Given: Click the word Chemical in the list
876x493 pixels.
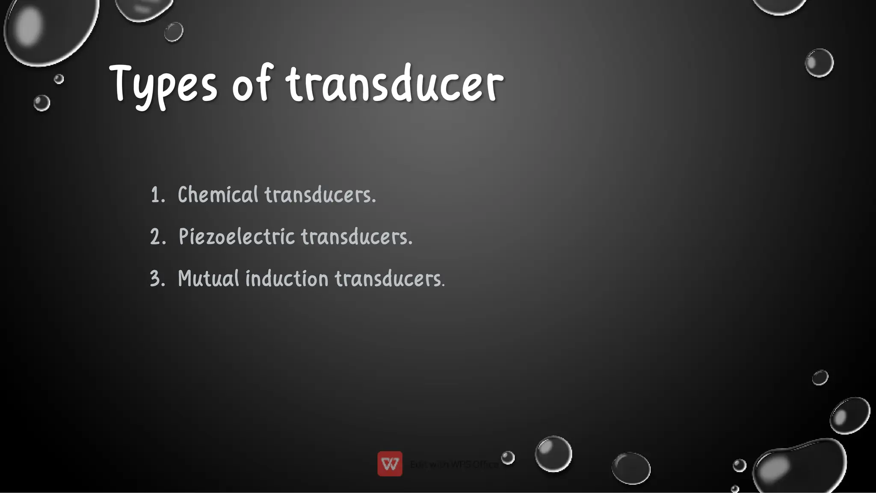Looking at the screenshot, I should (x=218, y=195).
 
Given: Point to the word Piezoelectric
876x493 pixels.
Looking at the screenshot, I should (x=237, y=236).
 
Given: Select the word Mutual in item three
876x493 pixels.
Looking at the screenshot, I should (x=208, y=278).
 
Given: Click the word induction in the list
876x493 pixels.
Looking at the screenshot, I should (x=287, y=278).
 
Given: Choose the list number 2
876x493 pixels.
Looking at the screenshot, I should (x=157, y=237).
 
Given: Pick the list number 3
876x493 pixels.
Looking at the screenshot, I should (x=157, y=279).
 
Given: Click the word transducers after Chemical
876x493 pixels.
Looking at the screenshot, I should (x=320, y=195).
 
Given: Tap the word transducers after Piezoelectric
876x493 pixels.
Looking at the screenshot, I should (x=357, y=236).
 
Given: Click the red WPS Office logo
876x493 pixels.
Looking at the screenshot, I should (x=390, y=463).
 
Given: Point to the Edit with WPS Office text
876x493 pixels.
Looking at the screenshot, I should (x=454, y=464).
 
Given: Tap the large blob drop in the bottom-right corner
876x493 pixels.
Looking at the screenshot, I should (x=800, y=466).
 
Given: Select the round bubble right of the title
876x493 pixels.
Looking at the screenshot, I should (x=819, y=63).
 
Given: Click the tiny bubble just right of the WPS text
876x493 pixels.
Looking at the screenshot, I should (x=508, y=458).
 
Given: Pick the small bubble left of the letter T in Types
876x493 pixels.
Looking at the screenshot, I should (x=59, y=79).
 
